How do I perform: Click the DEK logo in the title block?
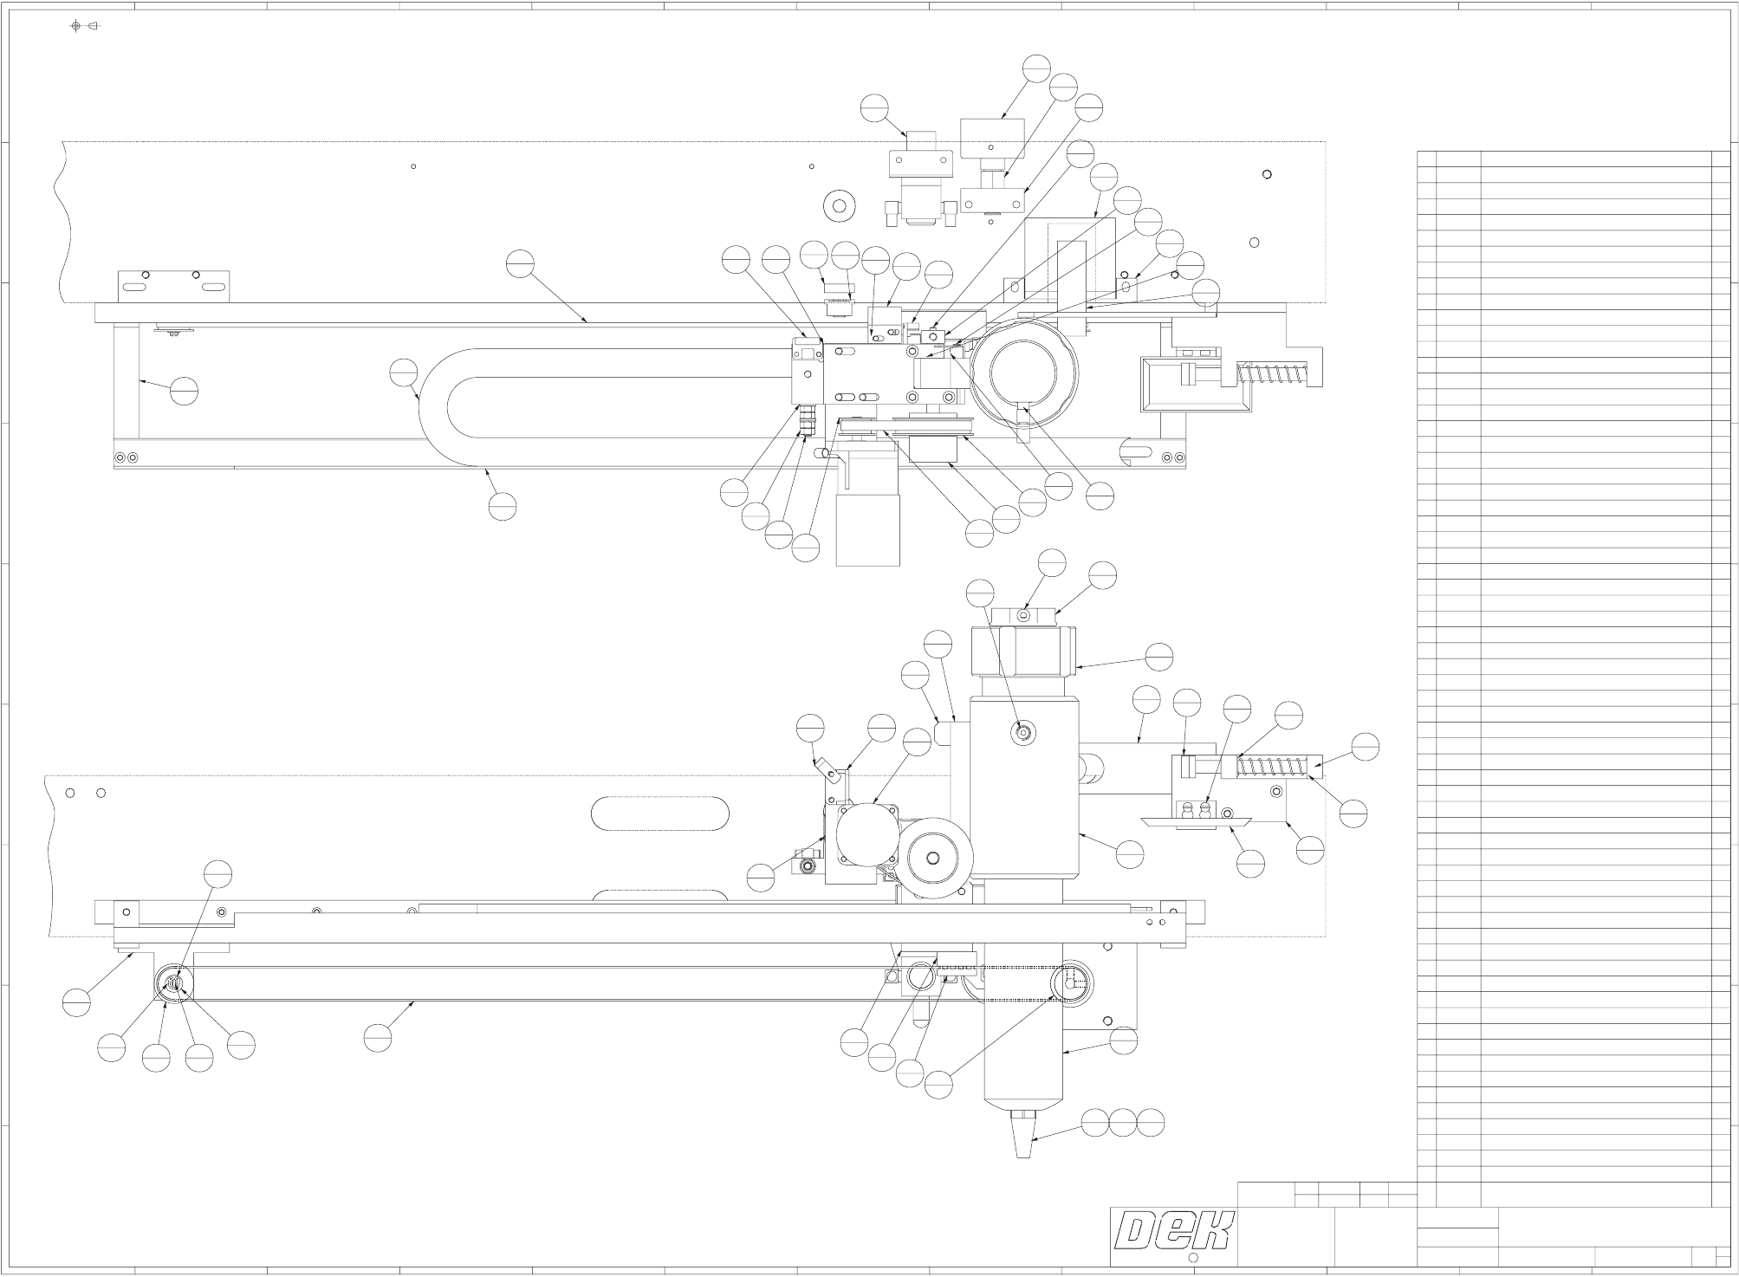1174,1231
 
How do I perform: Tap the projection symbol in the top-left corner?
85,26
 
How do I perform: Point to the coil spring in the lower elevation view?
1270,767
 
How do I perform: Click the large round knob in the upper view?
1024,375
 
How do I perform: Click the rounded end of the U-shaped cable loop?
433,408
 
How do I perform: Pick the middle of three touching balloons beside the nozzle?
1123,1123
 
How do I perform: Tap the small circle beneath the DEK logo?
1192,1258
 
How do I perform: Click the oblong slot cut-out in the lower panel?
659,814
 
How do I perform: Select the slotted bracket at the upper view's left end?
173,287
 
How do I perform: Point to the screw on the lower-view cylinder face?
1023,733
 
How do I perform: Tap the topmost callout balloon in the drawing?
1036,68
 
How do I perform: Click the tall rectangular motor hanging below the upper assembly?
868,528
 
